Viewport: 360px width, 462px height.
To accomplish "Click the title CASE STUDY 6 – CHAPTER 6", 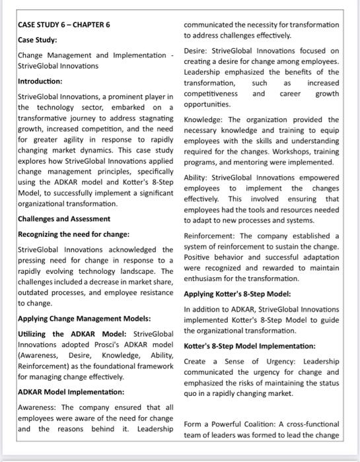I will point(63,24).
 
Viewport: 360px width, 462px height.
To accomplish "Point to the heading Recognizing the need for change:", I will point(73,234).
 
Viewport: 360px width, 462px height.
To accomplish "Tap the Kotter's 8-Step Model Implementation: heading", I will point(249,346).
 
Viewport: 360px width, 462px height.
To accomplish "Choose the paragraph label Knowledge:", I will point(205,119).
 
